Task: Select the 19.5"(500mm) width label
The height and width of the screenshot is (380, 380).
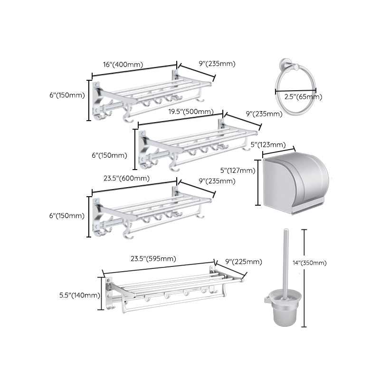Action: click(192, 112)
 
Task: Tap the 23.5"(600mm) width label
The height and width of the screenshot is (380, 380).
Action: click(126, 179)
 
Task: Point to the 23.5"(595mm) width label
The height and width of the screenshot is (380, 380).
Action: click(153, 259)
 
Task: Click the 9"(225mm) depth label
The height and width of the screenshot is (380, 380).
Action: click(243, 262)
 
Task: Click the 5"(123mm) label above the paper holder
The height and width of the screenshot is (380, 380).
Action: click(267, 144)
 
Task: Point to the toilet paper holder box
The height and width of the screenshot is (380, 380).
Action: click(295, 185)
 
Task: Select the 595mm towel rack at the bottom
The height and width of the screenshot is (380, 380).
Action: click(171, 290)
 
